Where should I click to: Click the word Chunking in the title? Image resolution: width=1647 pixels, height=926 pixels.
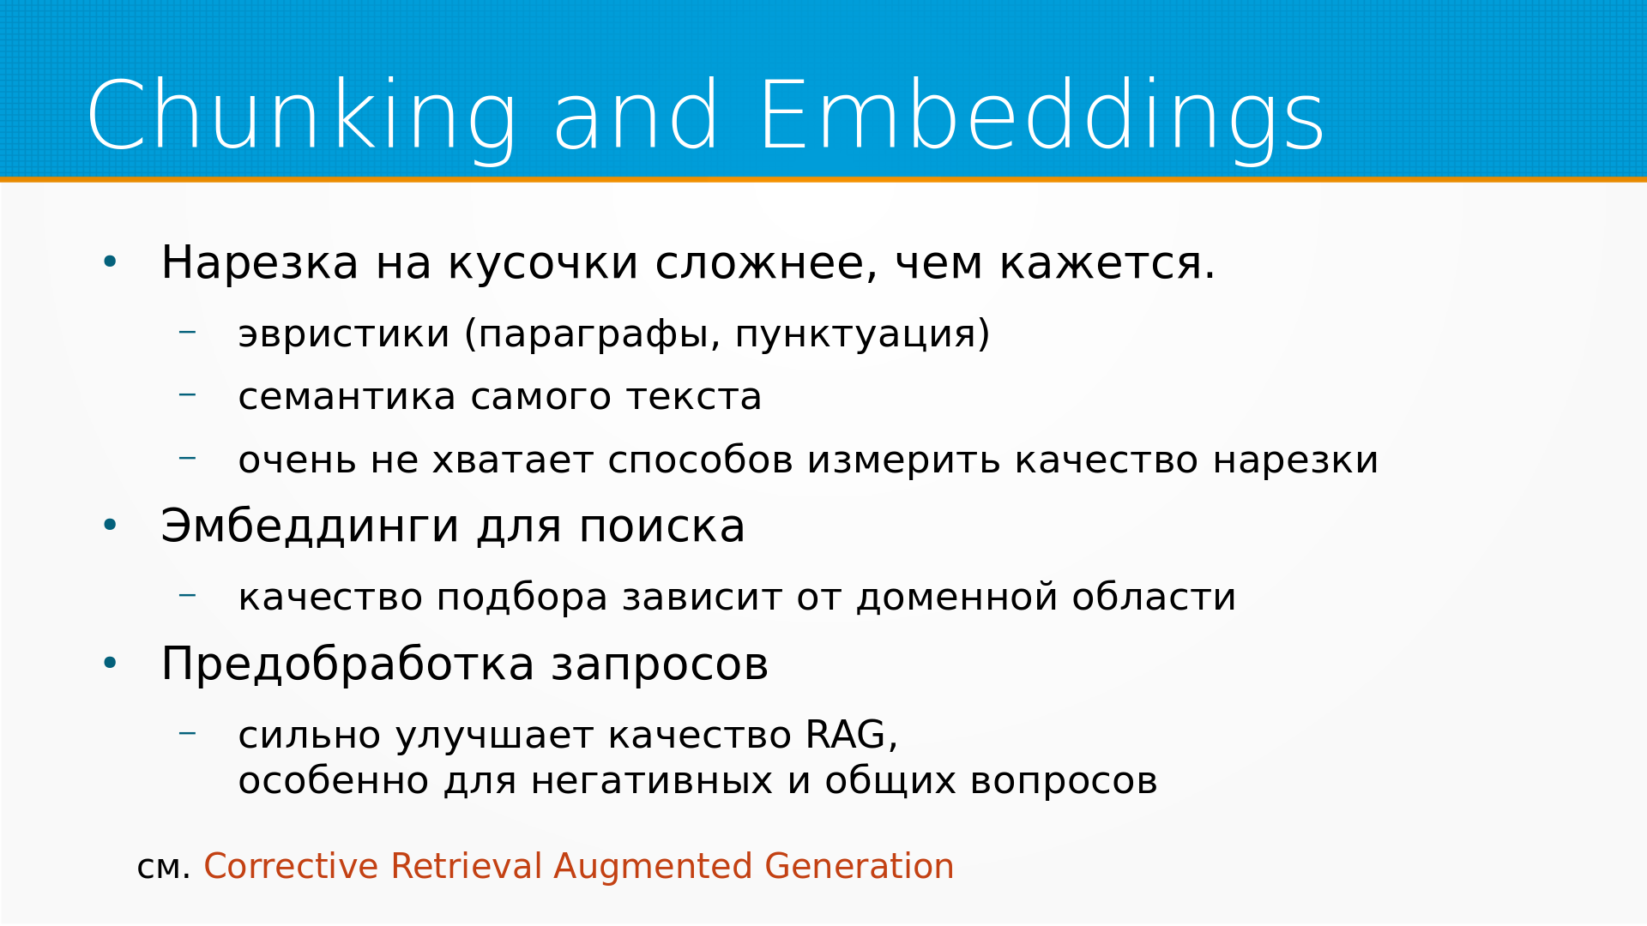pyautogui.click(x=302, y=117)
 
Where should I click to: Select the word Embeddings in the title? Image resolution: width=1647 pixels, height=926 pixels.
pyautogui.click(x=1042, y=117)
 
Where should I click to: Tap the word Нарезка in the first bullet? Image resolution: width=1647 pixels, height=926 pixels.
pyautogui.click(x=260, y=263)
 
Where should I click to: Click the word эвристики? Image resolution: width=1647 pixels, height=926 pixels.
pyautogui.click(x=344, y=334)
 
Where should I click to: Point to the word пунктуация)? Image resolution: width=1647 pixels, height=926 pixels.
pyautogui.click(x=862, y=334)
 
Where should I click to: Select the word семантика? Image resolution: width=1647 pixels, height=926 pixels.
pyautogui.click(x=347, y=398)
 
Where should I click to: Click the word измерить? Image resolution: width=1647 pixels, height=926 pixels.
pyautogui.click(x=904, y=460)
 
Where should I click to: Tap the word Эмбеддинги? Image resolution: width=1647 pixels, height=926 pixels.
pyautogui.click(x=311, y=526)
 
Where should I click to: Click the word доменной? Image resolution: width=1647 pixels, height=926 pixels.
pyautogui.click(x=956, y=598)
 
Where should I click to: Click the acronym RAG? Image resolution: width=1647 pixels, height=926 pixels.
pyautogui.click(x=851, y=736)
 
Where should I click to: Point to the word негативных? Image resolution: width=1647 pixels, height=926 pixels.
pyautogui.click(x=652, y=782)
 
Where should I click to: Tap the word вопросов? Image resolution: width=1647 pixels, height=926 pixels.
pyautogui.click(x=1064, y=782)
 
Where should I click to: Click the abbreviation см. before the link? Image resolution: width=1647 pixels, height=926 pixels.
pyautogui.click(x=163, y=868)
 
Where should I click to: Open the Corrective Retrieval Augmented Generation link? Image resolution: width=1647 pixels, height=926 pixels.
pyautogui.click(x=579, y=866)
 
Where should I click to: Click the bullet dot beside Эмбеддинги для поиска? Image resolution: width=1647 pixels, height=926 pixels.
pyautogui.click(x=110, y=525)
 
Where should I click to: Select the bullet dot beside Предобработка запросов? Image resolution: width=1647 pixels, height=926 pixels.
pyautogui.click(x=110, y=663)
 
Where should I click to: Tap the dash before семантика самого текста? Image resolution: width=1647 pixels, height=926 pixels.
pyautogui.click(x=187, y=394)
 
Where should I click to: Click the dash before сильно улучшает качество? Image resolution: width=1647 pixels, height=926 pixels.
pyautogui.click(x=187, y=733)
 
